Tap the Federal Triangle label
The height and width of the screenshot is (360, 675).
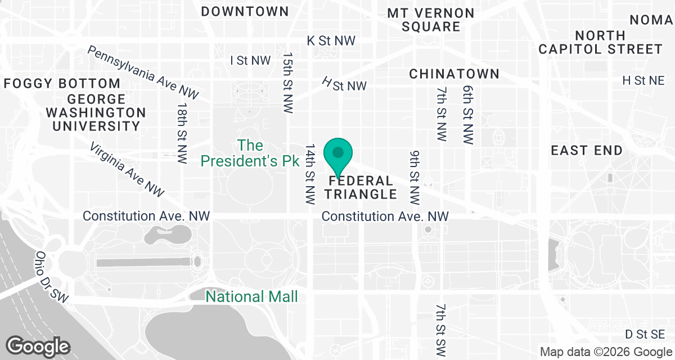(x=361, y=188)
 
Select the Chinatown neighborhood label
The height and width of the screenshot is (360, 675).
(x=454, y=74)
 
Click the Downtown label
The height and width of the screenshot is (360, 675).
(x=245, y=11)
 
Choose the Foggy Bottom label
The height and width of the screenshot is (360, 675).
(x=62, y=84)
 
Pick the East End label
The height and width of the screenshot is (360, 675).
(x=587, y=151)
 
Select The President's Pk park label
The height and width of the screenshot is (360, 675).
(x=250, y=154)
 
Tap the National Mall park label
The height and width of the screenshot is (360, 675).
(x=251, y=296)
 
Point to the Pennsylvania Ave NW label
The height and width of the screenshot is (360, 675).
(x=143, y=73)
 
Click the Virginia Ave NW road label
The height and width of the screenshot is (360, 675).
(x=127, y=169)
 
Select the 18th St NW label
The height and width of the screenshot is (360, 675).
(x=181, y=133)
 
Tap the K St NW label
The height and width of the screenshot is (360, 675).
(x=331, y=40)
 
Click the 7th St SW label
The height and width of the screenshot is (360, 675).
(x=441, y=326)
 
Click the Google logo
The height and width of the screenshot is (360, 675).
(x=38, y=345)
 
